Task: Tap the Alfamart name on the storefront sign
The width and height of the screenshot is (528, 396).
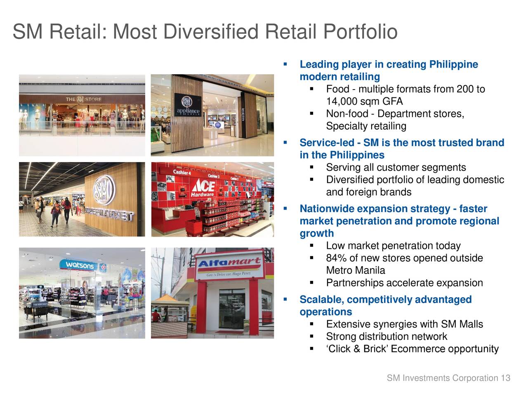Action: pyautogui.click(x=230, y=263)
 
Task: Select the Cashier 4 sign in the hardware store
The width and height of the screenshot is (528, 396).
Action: pyautogui.click(x=182, y=172)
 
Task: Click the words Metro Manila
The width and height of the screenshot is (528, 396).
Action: pyautogui.click(x=355, y=271)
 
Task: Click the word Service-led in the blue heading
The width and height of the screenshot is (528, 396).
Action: pyautogui.click(x=327, y=143)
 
